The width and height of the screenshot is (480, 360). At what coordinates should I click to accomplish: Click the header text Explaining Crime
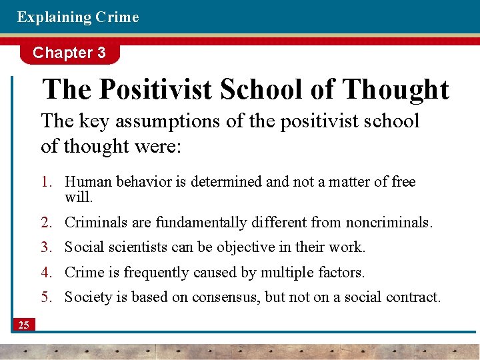(x=78, y=17)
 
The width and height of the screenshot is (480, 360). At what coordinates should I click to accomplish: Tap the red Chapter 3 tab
(x=69, y=53)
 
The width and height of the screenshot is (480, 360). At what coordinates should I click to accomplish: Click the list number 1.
(x=46, y=182)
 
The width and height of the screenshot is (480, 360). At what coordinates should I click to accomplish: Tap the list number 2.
(x=46, y=222)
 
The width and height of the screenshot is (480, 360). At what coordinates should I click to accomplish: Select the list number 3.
(x=46, y=247)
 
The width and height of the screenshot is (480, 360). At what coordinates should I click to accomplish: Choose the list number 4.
(x=46, y=272)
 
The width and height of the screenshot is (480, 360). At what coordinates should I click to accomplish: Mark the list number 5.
(x=46, y=297)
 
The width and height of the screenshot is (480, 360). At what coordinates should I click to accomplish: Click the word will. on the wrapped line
(x=79, y=197)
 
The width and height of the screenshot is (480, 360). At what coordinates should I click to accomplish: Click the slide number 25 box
(x=24, y=325)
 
